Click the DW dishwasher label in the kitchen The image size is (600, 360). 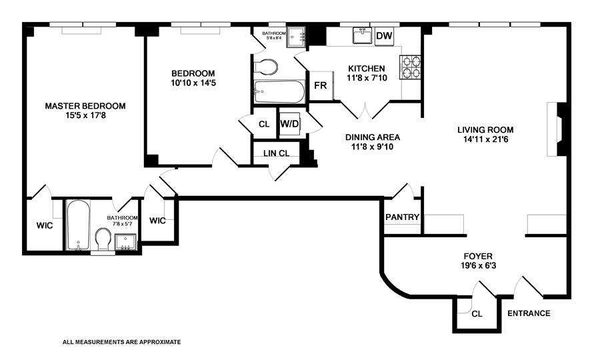(383, 36)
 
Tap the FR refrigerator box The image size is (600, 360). (321, 86)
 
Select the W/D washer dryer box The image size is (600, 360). (289, 123)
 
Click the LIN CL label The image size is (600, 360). (276, 153)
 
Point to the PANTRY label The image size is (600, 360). (402, 217)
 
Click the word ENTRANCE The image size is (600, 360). (529, 313)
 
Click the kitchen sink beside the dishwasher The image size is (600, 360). (363, 36)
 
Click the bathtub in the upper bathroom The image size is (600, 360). (277, 91)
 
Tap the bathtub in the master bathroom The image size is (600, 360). (78, 225)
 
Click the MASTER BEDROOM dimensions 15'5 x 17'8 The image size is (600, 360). (85, 117)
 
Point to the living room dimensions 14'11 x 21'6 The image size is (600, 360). (485, 140)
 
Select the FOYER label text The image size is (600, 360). (478, 256)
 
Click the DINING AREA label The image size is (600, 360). (372, 137)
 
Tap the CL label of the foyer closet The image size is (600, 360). (476, 313)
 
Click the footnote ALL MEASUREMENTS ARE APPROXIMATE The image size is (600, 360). (121, 341)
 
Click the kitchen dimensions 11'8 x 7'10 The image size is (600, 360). (366, 79)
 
